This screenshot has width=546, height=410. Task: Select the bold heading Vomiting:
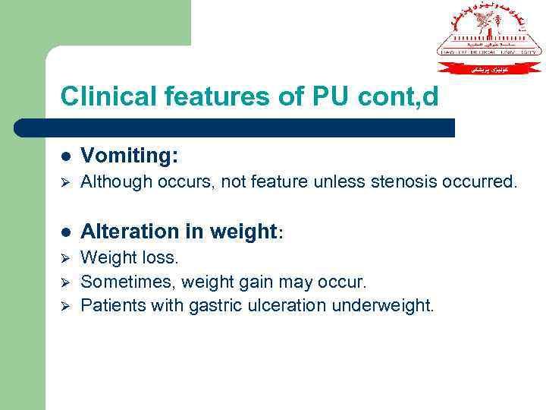(x=130, y=156)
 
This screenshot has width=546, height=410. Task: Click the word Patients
(x=111, y=306)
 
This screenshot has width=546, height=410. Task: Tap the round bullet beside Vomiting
(x=67, y=156)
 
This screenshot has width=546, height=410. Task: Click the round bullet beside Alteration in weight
(x=67, y=232)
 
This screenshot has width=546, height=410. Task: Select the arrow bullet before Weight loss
(x=65, y=259)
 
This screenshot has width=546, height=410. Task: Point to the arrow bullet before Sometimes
(x=65, y=282)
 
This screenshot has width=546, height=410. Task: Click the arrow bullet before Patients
(x=65, y=306)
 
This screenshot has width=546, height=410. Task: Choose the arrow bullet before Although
(x=65, y=183)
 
